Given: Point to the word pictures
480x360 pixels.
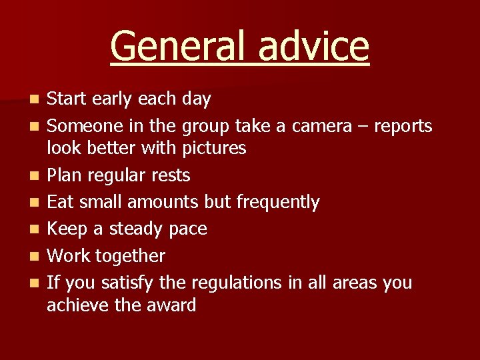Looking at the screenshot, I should (x=211, y=148).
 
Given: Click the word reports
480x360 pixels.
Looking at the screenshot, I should (x=403, y=126).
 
